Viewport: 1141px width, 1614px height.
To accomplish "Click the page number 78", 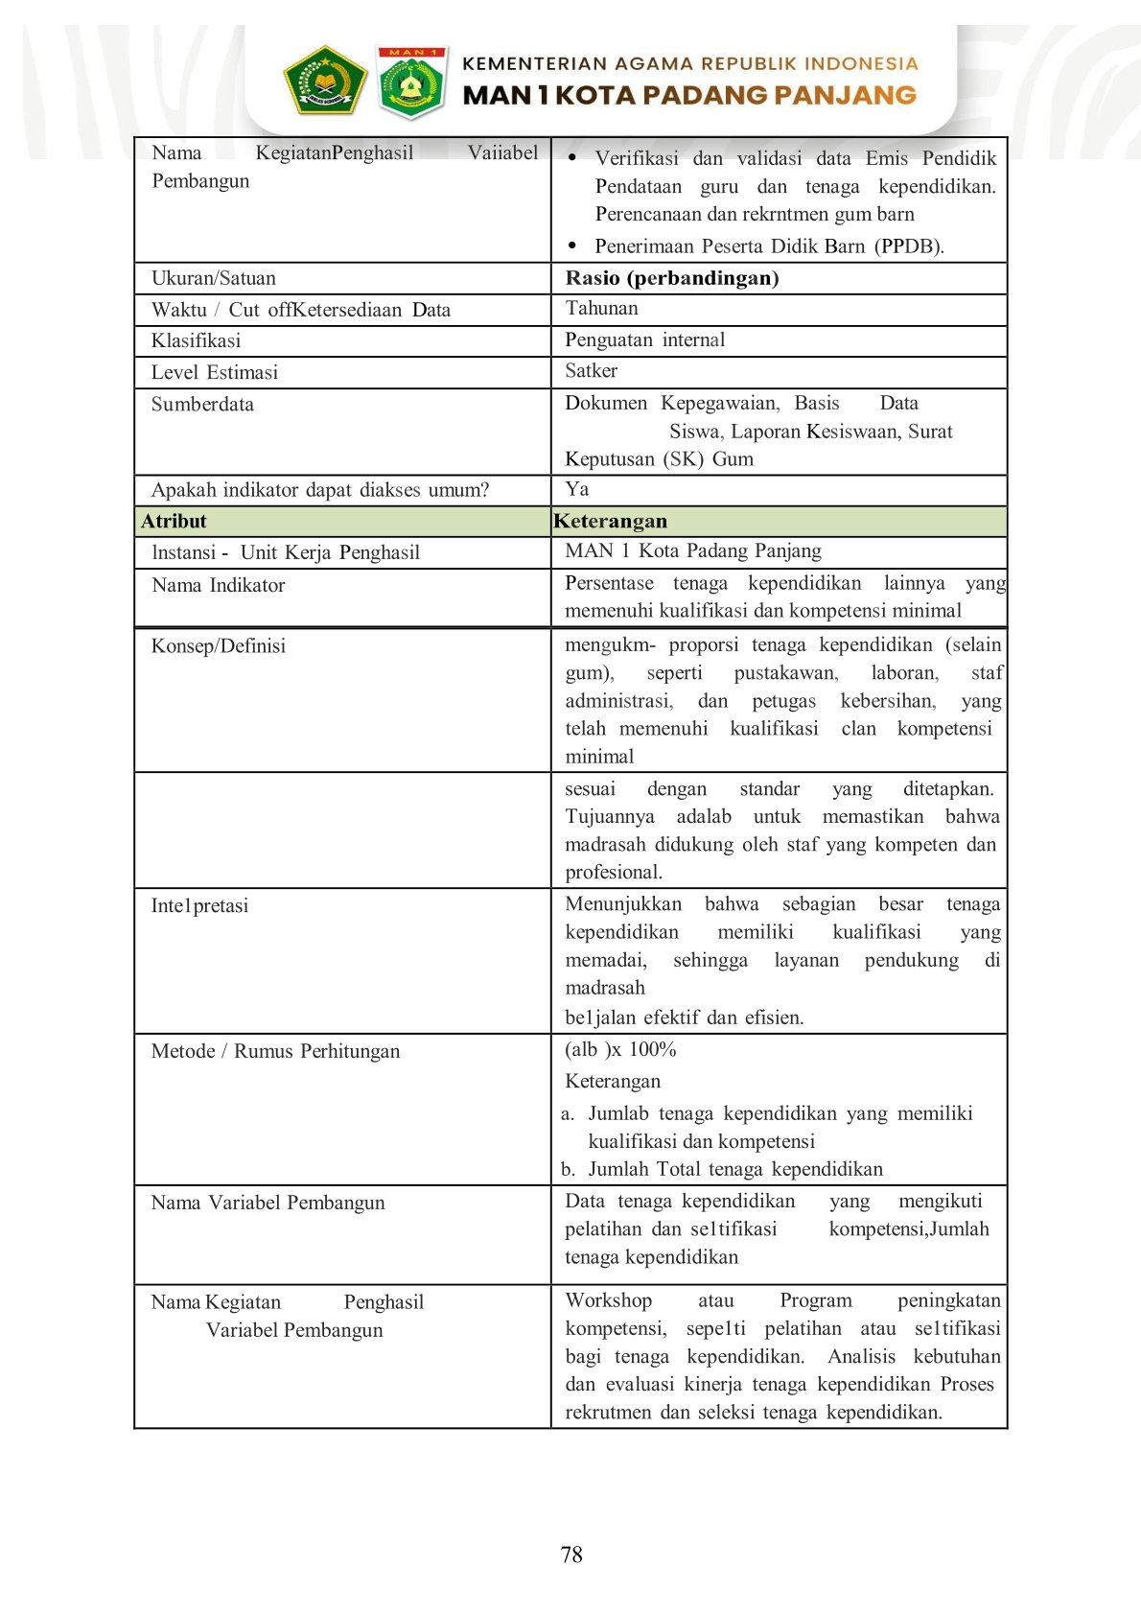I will tap(570, 1555).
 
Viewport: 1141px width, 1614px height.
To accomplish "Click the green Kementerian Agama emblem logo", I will tap(325, 82).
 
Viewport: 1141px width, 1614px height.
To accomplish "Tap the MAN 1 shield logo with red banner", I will tap(412, 83).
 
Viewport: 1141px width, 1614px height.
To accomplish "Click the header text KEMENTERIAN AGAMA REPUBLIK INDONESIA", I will tap(690, 64).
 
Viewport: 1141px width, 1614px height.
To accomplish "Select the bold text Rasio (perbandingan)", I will tap(672, 278).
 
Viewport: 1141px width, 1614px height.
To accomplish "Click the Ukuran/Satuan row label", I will tap(214, 278).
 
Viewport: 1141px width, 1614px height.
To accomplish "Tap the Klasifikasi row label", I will tap(196, 340).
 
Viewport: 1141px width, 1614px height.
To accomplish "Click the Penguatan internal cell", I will tap(644, 339).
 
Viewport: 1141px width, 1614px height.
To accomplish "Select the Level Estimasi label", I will tap(214, 372).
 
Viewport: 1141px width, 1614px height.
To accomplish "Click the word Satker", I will tap(591, 370).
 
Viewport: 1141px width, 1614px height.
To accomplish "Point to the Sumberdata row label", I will tap(202, 404).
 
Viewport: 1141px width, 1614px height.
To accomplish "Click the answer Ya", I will tap(576, 489).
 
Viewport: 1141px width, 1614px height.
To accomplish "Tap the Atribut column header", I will tap(174, 521).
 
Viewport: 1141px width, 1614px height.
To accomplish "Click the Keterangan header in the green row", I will tap(610, 521).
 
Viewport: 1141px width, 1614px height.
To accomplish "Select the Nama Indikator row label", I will tap(218, 585).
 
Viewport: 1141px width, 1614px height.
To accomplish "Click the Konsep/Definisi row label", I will tap(218, 645).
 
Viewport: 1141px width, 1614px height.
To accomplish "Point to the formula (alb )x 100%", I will tap(620, 1049).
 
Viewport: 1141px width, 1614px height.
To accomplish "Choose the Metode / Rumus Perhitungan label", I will tap(275, 1051).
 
